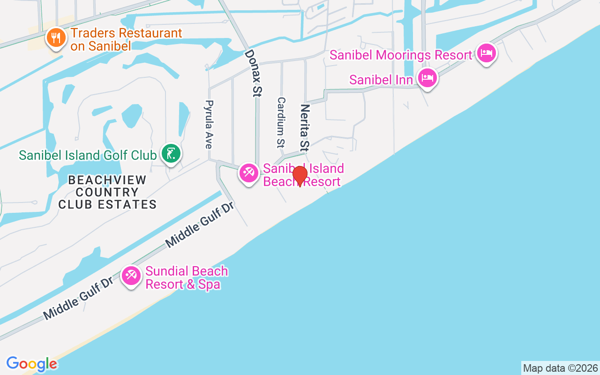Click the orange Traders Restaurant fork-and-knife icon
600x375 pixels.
(x=56, y=38)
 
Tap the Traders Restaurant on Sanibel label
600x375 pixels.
(x=126, y=39)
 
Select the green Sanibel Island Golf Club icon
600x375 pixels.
(x=171, y=153)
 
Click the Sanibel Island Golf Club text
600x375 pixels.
(x=88, y=155)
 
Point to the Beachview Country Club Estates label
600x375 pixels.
(x=107, y=192)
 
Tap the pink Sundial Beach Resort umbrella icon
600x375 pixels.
(x=131, y=276)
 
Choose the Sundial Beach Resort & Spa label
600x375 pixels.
(x=187, y=277)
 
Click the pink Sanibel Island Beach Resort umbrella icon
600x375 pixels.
(x=248, y=173)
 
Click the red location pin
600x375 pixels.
(x=300, y=176)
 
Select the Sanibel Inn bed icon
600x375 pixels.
(x=427, y=77)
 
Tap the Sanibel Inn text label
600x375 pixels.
(x=381, y=80)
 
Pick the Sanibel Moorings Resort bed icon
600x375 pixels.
(x=486, y=53)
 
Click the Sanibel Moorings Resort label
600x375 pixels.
(x=401, y=55)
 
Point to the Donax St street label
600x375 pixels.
(x=253, y=73)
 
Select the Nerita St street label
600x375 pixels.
(x=305, y=128)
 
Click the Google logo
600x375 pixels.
(x=31, y=364)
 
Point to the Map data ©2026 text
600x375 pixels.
(x=560, y=368)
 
